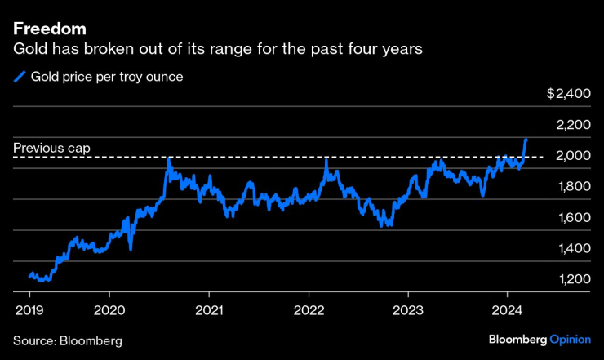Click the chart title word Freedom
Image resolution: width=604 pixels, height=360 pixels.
tap(50, 30)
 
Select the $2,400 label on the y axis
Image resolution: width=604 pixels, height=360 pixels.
tap(567, 94)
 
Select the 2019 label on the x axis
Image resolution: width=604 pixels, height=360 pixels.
tap(30, 310)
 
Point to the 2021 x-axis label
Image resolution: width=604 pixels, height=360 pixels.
tap(210, 310)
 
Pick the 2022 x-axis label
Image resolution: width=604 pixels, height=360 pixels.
tap(309, 310)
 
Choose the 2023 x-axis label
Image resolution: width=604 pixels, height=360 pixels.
tap(408, 310)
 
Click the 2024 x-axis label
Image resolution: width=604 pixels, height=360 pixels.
tap(507, 310)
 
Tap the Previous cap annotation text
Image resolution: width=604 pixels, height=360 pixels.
tap(51, 149)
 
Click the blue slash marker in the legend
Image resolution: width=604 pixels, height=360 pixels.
tap(19, 78)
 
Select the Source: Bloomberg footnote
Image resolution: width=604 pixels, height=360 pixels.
tap(67, 339)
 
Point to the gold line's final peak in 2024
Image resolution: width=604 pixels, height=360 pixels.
tap(526, 140)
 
